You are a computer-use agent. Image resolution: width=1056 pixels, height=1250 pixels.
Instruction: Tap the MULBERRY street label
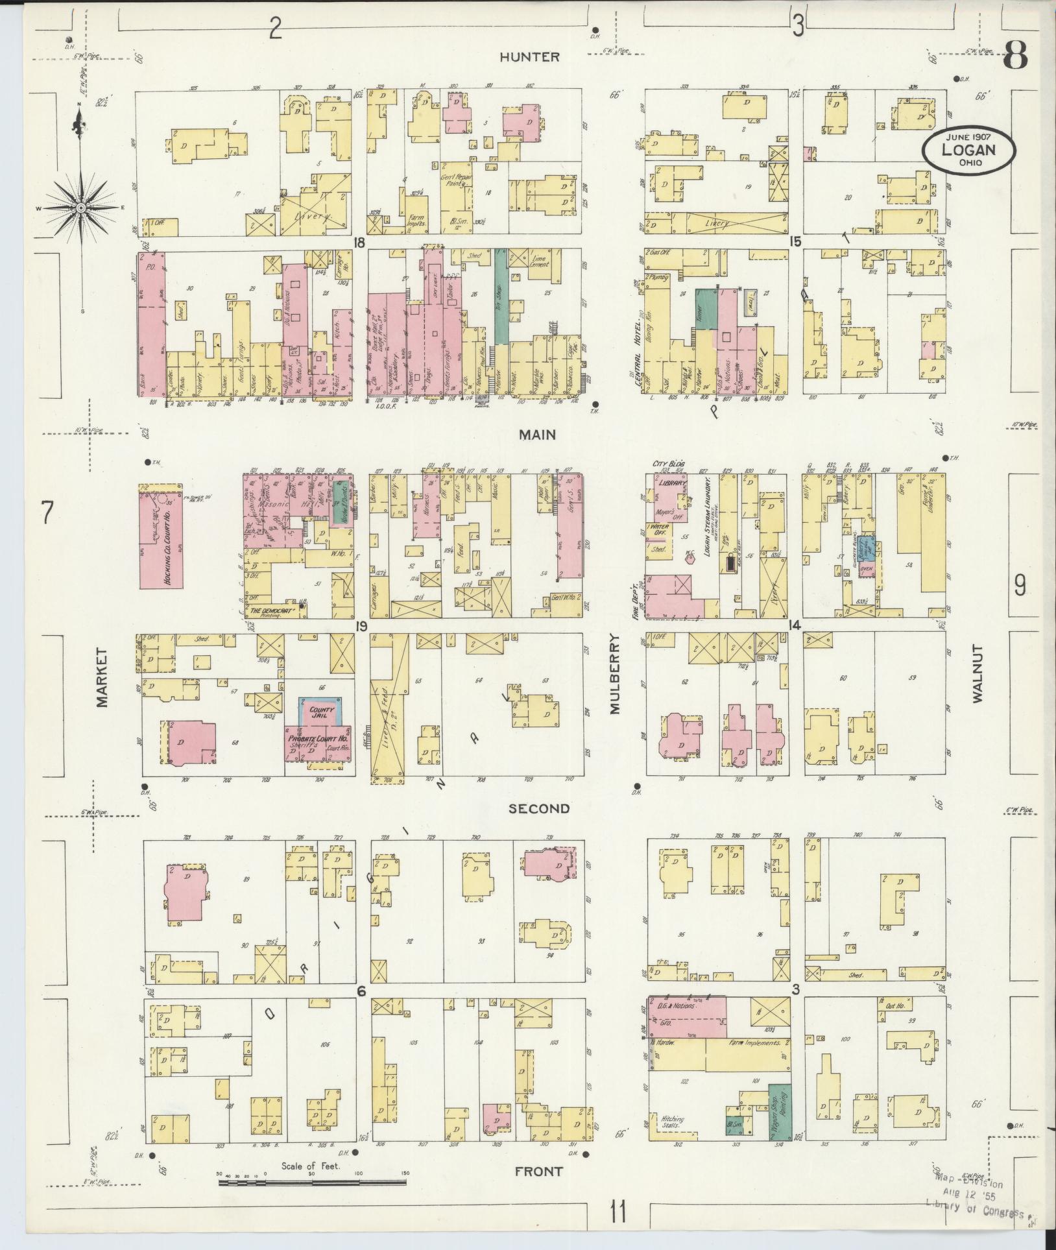tap(615, 675)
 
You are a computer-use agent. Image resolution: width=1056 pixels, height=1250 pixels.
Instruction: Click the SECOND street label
tap(539, 808)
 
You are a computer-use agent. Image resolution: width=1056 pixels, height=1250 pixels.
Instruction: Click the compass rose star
tap(81, 208)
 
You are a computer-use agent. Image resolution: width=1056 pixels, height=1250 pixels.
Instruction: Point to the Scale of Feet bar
tap(312, 1183)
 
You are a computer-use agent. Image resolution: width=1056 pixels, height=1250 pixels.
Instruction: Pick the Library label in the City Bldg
tap(673, 484)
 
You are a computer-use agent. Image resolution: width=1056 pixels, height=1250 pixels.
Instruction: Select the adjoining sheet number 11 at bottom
tap(619, 1211)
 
